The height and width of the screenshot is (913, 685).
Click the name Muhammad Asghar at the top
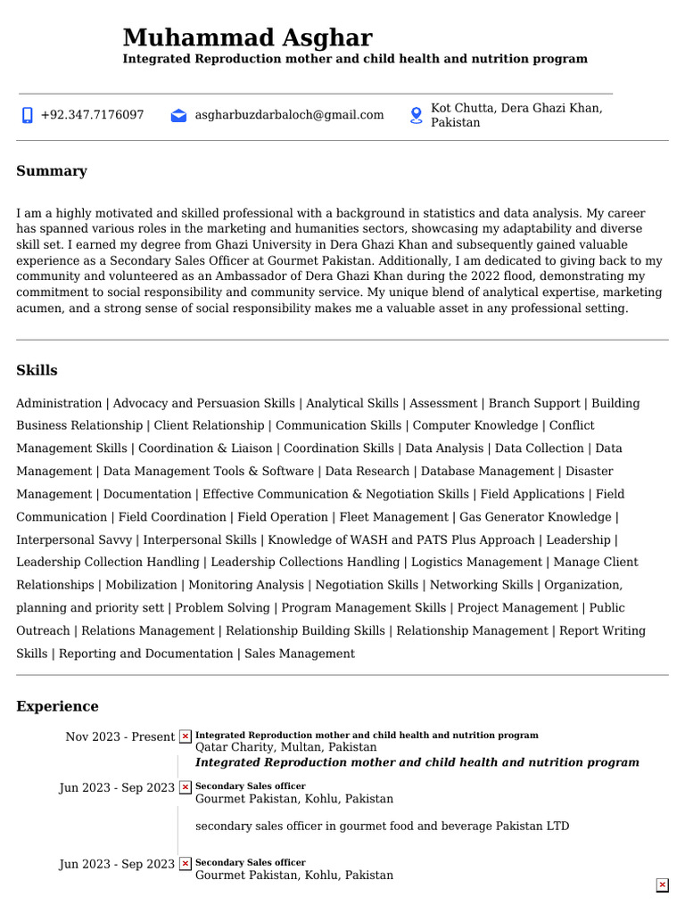(x=247, y=37)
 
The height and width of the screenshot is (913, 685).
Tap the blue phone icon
(x=27, y=115)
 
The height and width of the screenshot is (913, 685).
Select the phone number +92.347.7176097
(x=92, y=115)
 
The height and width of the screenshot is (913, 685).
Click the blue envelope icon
(x=178, y=115)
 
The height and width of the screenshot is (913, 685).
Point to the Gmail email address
(x=289, y=115)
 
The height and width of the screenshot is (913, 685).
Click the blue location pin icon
(x=416, y=115)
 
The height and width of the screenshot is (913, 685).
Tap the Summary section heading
(x=52, y=171)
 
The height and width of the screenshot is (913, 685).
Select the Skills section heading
(x=37, y=370)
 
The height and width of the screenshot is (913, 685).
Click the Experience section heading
(x=57, y=706)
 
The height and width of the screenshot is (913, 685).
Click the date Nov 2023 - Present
(x=120, y=736)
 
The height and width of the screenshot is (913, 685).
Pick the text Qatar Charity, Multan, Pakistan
(x=285, y=747)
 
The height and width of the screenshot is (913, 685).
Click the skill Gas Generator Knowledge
(x=535, y=517)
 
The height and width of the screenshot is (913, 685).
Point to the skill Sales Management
(x=299, y=654)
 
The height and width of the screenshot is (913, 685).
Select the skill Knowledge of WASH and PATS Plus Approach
(x=401, y=539)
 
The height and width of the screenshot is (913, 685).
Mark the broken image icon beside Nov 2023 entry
(x=185, y=736)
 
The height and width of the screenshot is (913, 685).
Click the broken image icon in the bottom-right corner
(x=662, y=884)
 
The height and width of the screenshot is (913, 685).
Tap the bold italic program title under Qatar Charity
(x=417, y=762)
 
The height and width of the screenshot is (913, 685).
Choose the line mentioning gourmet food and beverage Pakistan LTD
(x=382, y=827)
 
